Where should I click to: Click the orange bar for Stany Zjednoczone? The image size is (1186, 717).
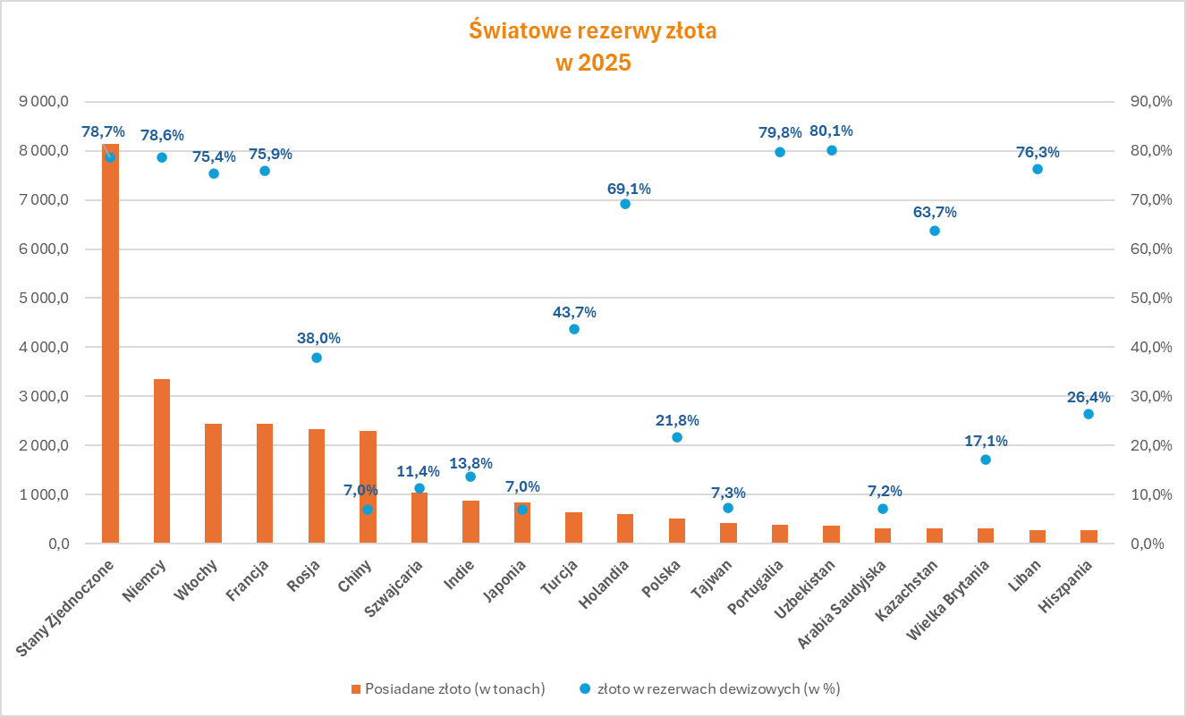pos(110,343)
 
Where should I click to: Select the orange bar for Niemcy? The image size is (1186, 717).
pos(162,461)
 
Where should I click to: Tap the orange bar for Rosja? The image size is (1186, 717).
pos(317,485)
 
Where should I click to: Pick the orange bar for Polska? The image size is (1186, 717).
pos(677,531)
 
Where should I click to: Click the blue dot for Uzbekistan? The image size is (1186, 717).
pos(832,150)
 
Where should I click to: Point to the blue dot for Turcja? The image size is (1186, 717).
pos(574,329)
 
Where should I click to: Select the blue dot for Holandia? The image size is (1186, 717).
pos(625,204)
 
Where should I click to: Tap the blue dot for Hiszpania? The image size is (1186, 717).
pos(1089,414)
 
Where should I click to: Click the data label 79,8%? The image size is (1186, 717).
pos(780,132)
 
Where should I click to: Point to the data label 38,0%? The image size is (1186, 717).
pos(318,338)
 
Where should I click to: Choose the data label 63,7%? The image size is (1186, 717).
pos(935,212)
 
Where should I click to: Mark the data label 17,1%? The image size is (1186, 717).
pos(986,441)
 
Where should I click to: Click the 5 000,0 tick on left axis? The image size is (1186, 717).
pos(44,298)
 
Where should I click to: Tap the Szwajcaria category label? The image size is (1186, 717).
pos(394,588)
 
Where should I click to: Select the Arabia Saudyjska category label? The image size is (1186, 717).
pos(842,604)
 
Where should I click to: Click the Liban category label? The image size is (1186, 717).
pos(1024,576)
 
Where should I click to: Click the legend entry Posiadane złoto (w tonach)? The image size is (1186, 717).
pos(448,689)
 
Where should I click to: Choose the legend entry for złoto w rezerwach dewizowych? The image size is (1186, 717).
pos(710,689)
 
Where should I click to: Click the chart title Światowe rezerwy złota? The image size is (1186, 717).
pos(593,30)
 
